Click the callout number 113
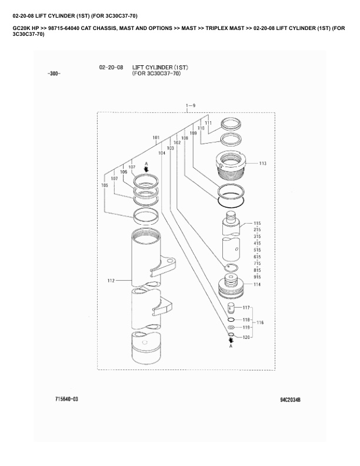[x=262, y=163]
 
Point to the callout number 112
[x=111, y=281]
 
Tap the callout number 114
[x=257, y=284]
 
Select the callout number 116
[x=260, y=322]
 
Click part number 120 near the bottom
[x=247, y=337]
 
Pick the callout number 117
[x=246, y=308]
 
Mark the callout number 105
[x=105, y=185]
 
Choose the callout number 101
[x=156, y=138]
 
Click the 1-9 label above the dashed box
[x=190, y=105]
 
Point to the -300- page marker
[x=53, y=74]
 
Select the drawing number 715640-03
[x=66, y=399]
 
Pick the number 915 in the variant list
[x=257, y=277]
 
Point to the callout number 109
[x=193, y=133]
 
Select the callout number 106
[x=124, y=172]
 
